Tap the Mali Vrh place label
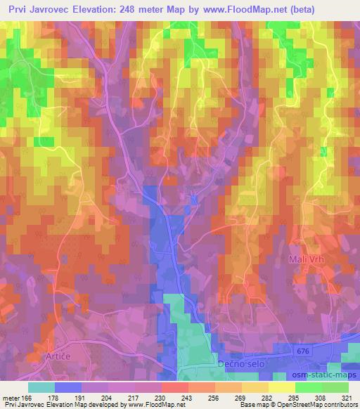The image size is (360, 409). pos(306,260)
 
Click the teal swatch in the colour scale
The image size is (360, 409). pos(41,387)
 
